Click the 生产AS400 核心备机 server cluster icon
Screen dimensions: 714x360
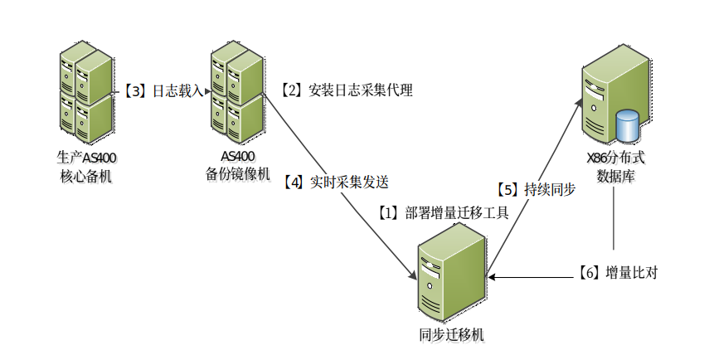pyautogui.click(x=86, y=92)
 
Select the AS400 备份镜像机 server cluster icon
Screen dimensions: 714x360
pyautogui.click(x=237, y=92)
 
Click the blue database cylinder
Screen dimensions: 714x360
pyautogui.click(x=627, y=125)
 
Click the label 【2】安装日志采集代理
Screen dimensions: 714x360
pyautogui.click(x=346, y=90)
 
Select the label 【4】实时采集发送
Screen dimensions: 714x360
pyautogui.click(x=335, y=182)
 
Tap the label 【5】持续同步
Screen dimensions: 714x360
pyautogui.click(x=536, y=189)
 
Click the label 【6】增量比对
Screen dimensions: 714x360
pyautogui.click(x=618, y=273)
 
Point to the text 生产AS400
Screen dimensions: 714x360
pyautogui.click(x=86, y=158)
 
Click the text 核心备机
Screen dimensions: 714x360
pyautogui.click(x=86, y=176)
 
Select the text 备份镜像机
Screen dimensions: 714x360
pyautogui.click(x=238, y=174)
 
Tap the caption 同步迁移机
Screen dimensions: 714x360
pyautogui.click(x=452, y=335)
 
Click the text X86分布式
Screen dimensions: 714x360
pyautogui.click(x=615, y=158)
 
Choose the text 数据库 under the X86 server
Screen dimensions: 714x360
pyautogui.click(x=615, y=176)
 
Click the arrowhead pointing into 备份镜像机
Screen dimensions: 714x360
pyautogui.click(x=207, y=91)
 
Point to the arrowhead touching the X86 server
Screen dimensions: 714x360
pyautogui.click(x=580, y=104)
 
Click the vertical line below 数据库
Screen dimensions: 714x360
pyautogui.click(x=614, y=218)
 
